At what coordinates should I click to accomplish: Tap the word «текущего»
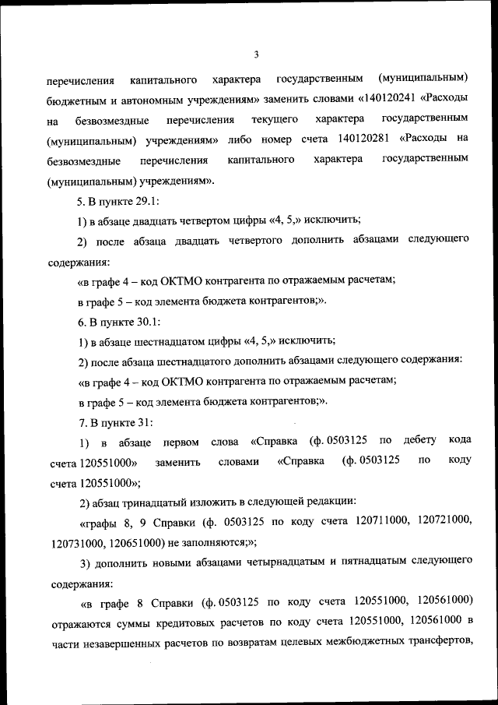pyautogui.click(x=275, y=120)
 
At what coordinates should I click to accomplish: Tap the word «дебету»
pyautogui.click(x=421, y=442)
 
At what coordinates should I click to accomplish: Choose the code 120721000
pyautogui.click(x=437, y=522)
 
